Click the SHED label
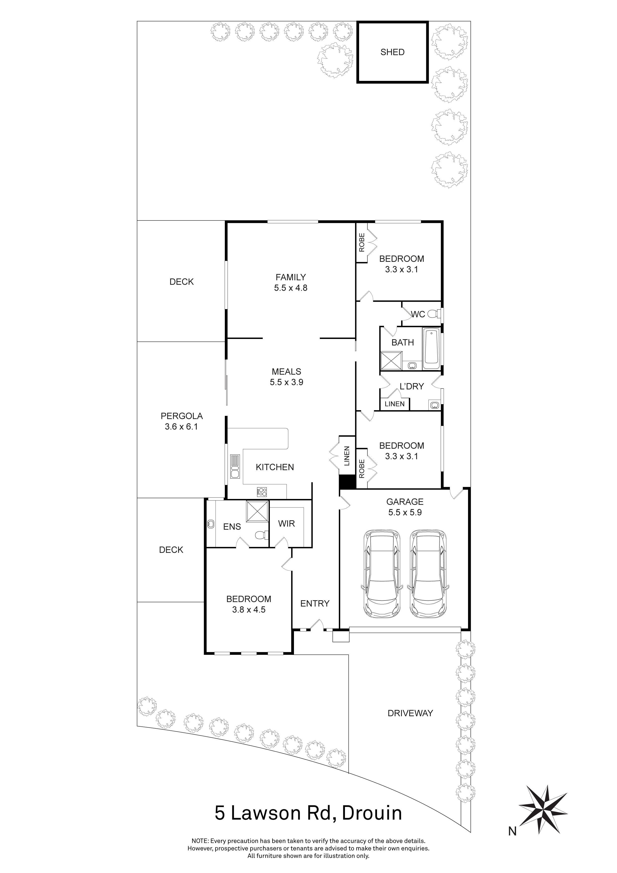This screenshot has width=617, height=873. pyautogui.click(x=392, y=52)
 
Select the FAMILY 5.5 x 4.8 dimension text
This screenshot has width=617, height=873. pyautogui.click(x=291, y=288)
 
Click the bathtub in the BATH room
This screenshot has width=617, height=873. pyautogui.click(x=431, y=347)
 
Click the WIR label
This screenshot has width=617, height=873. pyautogui.click(x=286, y=524)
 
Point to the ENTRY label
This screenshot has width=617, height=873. pyautogui.click(x=315, y=603)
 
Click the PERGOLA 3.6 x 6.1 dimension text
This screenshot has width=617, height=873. pyautogui.click(x=181, y=427)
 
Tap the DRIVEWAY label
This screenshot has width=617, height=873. pyautogui.click(x=410, y=713)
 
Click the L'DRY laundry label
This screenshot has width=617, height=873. pyautogui.click(x=412, y=386)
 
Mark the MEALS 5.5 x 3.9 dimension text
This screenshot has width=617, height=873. pyautogui.click(x=286, y=382)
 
